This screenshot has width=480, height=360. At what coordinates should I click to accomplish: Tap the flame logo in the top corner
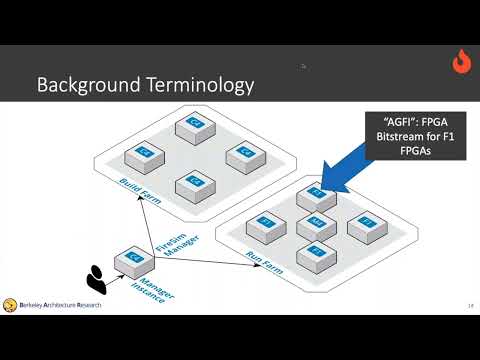pyautogui.click(x=462, y=62)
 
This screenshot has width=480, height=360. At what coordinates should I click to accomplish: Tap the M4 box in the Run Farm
pyautogui.click(x=316, y=223)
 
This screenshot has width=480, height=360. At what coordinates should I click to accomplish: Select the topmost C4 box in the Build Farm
pyautogui.click(x=190, y=126)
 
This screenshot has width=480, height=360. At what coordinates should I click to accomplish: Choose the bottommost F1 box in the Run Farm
pyautogui.click(x=316, y=251)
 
